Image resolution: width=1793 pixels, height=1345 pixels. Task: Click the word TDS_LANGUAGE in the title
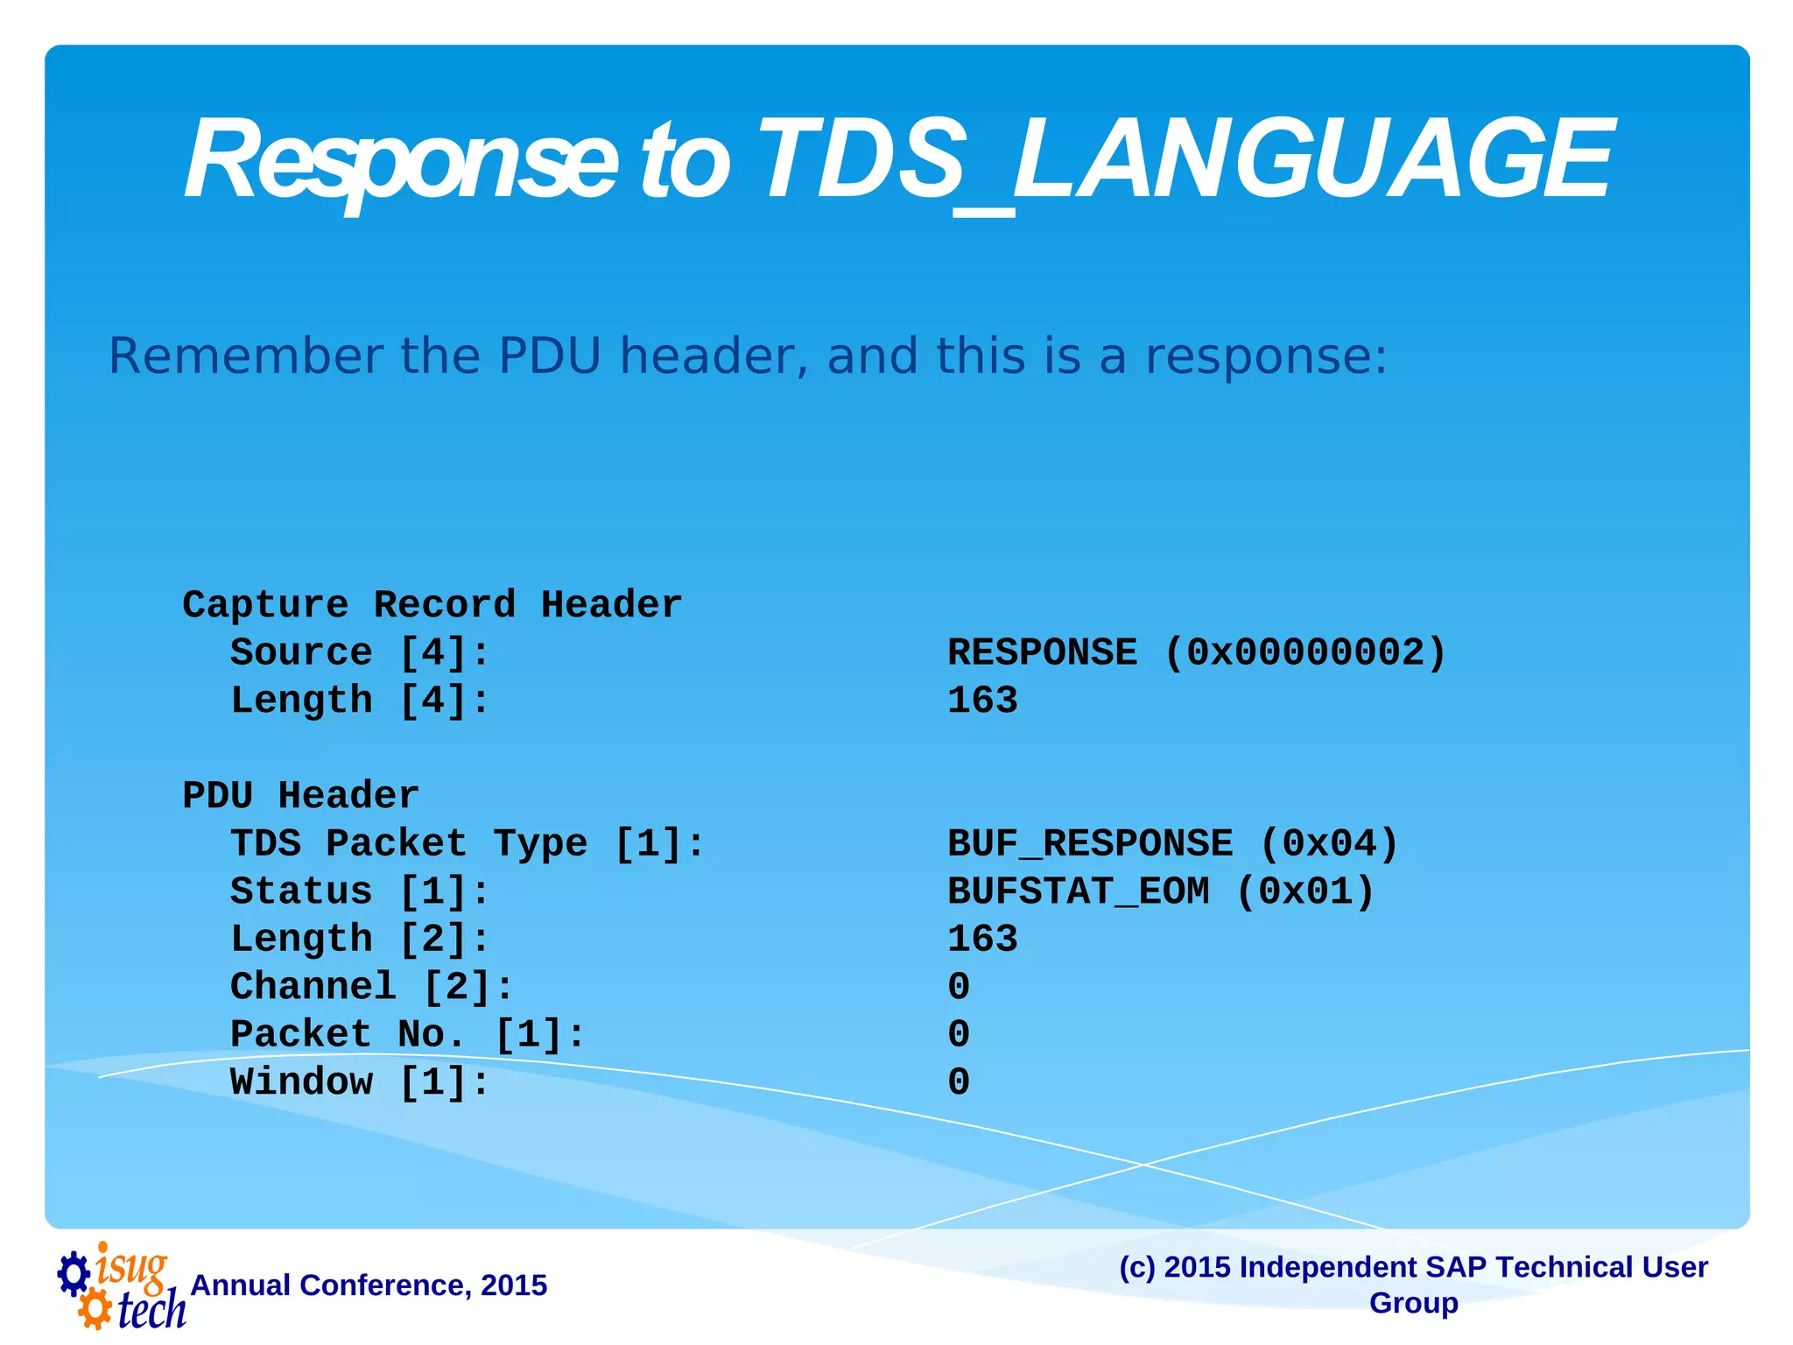tap(1182, 162)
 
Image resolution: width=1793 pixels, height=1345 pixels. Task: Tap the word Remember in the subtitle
tap(245, 356)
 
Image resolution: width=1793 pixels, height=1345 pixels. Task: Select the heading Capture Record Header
tap(432, 605)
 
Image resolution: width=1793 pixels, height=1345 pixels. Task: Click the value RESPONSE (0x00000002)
tap(1196, 652)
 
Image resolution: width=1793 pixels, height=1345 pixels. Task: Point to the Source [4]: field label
tap(359, 652)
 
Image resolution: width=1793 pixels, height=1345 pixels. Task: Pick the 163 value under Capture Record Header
tap(982, 701)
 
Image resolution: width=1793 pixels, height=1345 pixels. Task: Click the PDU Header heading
tap(300, 796)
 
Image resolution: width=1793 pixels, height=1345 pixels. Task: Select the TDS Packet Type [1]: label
tap(467, 843)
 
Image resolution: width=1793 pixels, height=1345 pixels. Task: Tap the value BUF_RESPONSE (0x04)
tap(1172, 843)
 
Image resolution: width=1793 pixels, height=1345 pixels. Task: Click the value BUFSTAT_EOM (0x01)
tap(1161, 891)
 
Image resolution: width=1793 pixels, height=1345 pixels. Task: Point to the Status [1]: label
tap(359, 891)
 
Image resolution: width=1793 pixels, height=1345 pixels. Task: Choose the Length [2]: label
tap(359, 939)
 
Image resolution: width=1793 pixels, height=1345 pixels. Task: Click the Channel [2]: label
tap(371, 987)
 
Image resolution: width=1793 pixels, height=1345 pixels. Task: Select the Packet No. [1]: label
tap(407, 1034)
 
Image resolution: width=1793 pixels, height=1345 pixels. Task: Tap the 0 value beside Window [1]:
tap(959, 1082)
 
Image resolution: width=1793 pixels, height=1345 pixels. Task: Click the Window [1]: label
tap(359, 1082)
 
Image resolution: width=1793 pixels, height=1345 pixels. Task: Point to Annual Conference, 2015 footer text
tap(369, 1285)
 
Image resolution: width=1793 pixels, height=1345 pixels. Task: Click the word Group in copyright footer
tap(1413, 1303)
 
